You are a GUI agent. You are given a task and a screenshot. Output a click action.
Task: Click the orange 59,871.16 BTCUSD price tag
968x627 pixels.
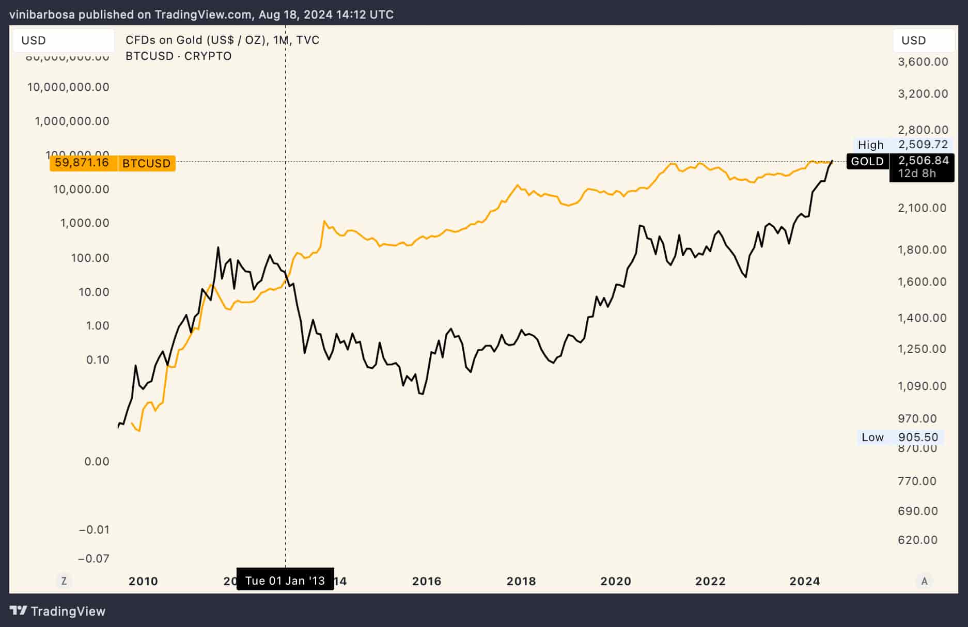click(112, 163)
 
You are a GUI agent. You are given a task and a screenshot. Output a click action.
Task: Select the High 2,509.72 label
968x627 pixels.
click(902, 145)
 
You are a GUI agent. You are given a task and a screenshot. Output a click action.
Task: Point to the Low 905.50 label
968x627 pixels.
click(899, 437)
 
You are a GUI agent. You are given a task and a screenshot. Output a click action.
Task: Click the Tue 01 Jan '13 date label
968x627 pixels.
click(285, 581)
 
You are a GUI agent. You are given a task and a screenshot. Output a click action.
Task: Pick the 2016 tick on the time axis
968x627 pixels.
click(427, 581)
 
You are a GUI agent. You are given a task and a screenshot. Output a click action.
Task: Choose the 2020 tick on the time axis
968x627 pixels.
click(616, 581)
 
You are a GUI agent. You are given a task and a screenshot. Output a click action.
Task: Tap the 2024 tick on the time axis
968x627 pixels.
click(805, 581)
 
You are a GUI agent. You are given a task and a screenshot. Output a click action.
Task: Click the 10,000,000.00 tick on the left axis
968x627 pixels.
click(68, 87)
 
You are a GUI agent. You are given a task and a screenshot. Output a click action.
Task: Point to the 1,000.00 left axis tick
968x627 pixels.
click(85, 223)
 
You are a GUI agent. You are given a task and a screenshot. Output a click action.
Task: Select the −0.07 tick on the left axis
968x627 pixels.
click(93, 558)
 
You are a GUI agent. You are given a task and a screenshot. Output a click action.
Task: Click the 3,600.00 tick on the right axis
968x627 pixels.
click(923, 62)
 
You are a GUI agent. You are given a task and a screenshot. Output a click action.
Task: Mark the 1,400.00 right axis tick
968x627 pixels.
click(923, 318)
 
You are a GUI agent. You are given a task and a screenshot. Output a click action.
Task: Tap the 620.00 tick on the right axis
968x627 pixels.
click(917, 540)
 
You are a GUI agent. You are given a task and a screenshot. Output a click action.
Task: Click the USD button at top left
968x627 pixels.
click(63, 40)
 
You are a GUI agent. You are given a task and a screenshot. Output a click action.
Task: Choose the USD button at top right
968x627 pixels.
click(924, 40)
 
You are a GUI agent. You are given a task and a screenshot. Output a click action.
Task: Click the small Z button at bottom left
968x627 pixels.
click(64, 581)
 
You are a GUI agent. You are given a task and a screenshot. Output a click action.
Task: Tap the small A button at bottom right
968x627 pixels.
click(925, 581)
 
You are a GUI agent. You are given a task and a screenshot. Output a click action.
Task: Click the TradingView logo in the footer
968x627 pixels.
click(58, 611)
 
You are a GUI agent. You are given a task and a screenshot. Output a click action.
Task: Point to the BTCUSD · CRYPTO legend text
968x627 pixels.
click(178, 56)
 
